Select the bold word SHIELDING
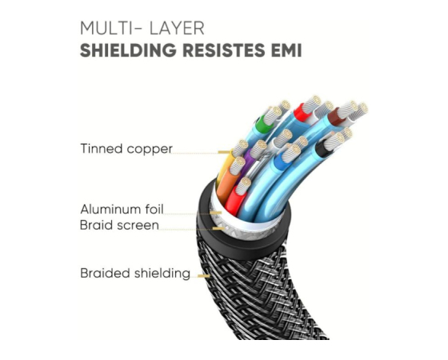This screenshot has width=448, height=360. pyautogui.click(x=128, y=50)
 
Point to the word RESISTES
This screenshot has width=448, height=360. pyautogui.click(x=224, y=50)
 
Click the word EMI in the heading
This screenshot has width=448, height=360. pyautogui.click(x=286, y=50)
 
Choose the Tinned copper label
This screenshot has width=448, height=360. pyautogui.click(x=126, y=149)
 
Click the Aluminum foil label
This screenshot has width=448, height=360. pyautogui.click(x=122, y=209)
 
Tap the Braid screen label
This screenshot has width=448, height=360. pyautogui.click(x=119, y=225)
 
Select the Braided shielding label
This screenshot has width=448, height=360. pyautogui.click(x=135, y=273)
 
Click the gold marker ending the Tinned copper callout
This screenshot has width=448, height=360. pyautogui.click(x=224, y=152)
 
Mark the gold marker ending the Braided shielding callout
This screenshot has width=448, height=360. pyautogui.click(x=204, y=276)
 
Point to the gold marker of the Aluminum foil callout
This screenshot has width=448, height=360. pyautogui.click(x=216, y=213)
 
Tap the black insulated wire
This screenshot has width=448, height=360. pyautogui.click(x=322, y=148)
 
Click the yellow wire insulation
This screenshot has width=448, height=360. pyautogui.click(x=225, y=166)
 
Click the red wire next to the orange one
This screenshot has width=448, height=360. pyautogui.click(x=234, y=201)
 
